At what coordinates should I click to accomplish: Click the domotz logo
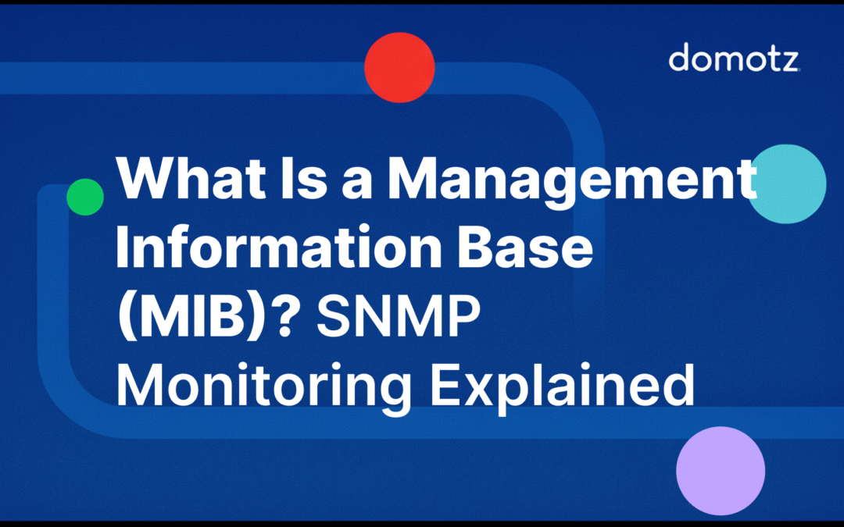click(734, 59)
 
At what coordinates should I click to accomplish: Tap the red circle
click(399, 68)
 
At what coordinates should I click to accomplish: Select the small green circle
click(85, 197)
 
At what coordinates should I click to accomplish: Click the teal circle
click(788, 184)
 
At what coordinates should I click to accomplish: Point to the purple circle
click(720, 471)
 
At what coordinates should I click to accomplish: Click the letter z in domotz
click(789, 61)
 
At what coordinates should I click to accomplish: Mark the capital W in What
click(143, 180)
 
